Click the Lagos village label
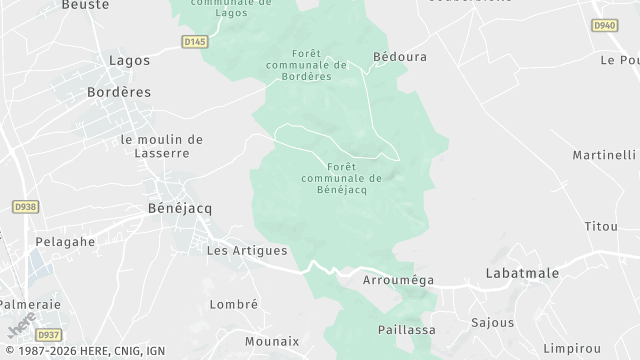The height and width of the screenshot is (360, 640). click(x=129, y=60)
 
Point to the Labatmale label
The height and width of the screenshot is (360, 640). click(x=521, y=272)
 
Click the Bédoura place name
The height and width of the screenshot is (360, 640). click(x=399, y=57)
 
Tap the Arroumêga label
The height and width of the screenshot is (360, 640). click(x=399, y=280)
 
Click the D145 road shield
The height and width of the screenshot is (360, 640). click(x=196, y=41)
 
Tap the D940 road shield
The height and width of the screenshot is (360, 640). click(x=604, y=25)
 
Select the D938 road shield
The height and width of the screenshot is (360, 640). click(x=25, y=206)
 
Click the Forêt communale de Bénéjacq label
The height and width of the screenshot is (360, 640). click(x=341, y=178)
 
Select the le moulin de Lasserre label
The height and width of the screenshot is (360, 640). click(x=161, y=146)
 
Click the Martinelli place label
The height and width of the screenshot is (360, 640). click(x=604, y=155)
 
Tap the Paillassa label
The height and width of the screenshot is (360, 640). click(x=405, y=329)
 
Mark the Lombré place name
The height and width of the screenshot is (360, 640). click(x=234, y=304)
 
